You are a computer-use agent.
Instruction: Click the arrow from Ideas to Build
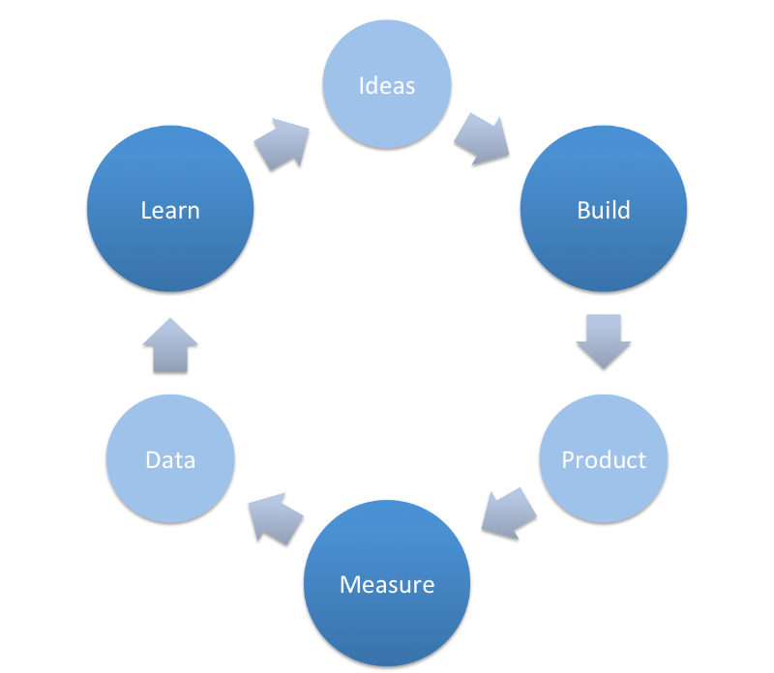tap(481, 139)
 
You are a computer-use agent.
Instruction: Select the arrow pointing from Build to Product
tap(604, 340)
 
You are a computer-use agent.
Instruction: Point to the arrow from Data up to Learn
tap(170, 345)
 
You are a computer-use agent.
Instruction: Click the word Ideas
tap(387, 85)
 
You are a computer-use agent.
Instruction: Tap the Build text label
tap(604, 210)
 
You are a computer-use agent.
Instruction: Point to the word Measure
tap(387, 585)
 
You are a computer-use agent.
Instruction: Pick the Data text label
tap(170, 460)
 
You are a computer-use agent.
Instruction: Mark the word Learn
tap(170, 210)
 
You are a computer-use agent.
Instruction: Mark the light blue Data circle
tap(170, 488)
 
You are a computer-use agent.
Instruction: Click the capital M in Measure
tap(349, 585)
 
